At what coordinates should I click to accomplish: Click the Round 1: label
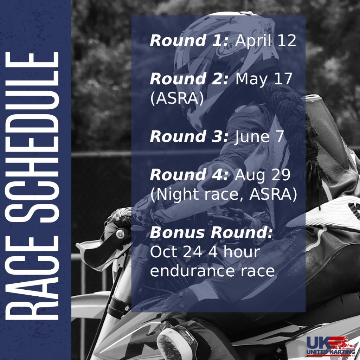[x=189, y=40]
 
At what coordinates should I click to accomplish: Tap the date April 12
[x=265, y=40]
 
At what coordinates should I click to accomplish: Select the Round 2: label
[x=189, y=79]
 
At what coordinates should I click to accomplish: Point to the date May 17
[x=264, y=79]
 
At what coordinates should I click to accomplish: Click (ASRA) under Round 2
[x=177, y=98]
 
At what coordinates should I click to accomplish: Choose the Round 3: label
[x=189, y=136]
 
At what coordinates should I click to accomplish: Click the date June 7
[x=259, y=137]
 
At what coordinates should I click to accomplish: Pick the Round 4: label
[x=189, y=175]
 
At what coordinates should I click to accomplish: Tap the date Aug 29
[x=262, y=175]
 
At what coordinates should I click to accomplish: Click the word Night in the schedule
[x=178, y=195]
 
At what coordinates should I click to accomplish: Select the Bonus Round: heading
[x=211, y=232]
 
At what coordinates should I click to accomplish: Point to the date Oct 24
[x=176, y=252]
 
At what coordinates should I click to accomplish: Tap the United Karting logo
[x=330, y=346]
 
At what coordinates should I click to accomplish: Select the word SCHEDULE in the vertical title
[x=32, y=137]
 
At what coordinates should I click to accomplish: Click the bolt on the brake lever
[x=120, y=234]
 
